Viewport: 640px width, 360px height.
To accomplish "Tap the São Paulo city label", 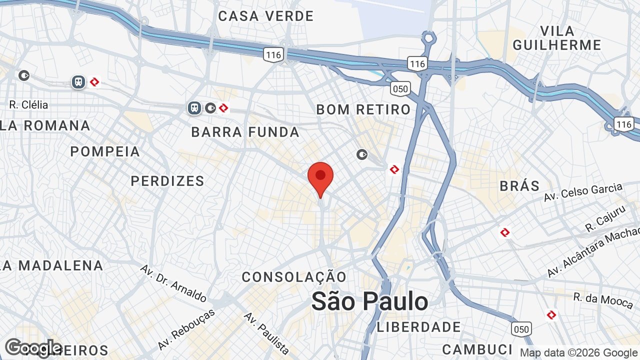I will tap(369, 301).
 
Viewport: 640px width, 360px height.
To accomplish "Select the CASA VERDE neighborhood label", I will tap(265, 16).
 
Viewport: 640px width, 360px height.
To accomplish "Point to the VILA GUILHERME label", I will tap(557, 38).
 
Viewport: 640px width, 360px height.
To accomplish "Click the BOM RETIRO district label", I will tap(363, 109).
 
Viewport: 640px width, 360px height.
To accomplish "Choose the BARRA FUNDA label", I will tap(245, 132).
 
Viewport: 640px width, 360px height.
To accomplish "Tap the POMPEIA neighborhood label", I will tap(105, 151).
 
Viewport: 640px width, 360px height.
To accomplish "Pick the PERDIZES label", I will tap(167, 181).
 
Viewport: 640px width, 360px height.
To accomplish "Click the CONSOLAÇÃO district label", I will tap(294, 277).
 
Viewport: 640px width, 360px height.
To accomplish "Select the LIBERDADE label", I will tap(419, 327).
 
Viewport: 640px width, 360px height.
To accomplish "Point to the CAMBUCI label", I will tap(477, 349).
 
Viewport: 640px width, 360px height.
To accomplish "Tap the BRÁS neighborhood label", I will tap(520, 186).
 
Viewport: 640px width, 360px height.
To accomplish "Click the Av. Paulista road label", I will tap(266, 333).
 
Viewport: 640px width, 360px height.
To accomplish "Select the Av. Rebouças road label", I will tap(186, 329).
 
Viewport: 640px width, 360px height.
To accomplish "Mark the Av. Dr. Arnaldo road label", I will tap(173, 283).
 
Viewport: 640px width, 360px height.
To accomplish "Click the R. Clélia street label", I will tap(28, 105).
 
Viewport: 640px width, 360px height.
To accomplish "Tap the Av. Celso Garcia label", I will tap(583, 192).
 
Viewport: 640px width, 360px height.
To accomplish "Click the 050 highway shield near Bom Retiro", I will tap(400, 89).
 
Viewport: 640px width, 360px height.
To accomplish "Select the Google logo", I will tap(33, 348).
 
